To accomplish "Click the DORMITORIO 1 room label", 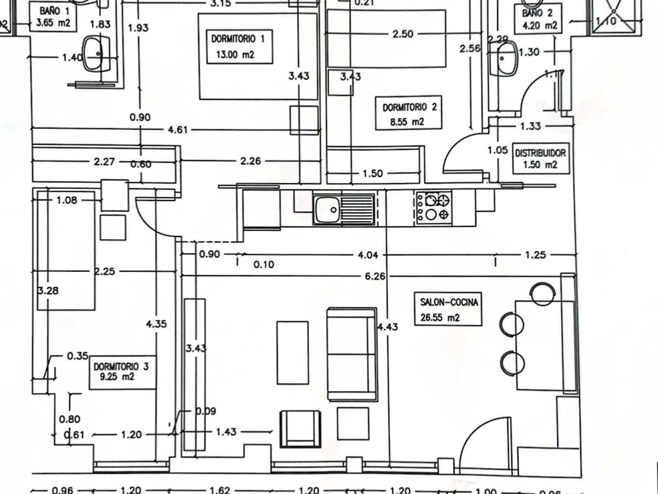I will (x=238, y=47).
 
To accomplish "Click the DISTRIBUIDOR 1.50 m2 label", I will (x=540, y=159).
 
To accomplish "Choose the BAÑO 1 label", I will (x=54, y=17).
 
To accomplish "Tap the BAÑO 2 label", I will (x=539, y=19).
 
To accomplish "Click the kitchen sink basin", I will (x=327, y=209).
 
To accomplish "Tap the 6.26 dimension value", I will (x=375, y=276).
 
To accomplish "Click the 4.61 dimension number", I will (x=178, y=130).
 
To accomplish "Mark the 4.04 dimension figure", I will (x=368, y=255).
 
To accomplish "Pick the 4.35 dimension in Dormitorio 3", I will (x=156, y=324).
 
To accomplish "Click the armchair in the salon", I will (x=300, y=429).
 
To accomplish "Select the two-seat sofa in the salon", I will (x=352, y=354).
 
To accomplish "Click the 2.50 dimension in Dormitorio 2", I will (x=403, y=34).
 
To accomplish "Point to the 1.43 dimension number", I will (x=226, y=432).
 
